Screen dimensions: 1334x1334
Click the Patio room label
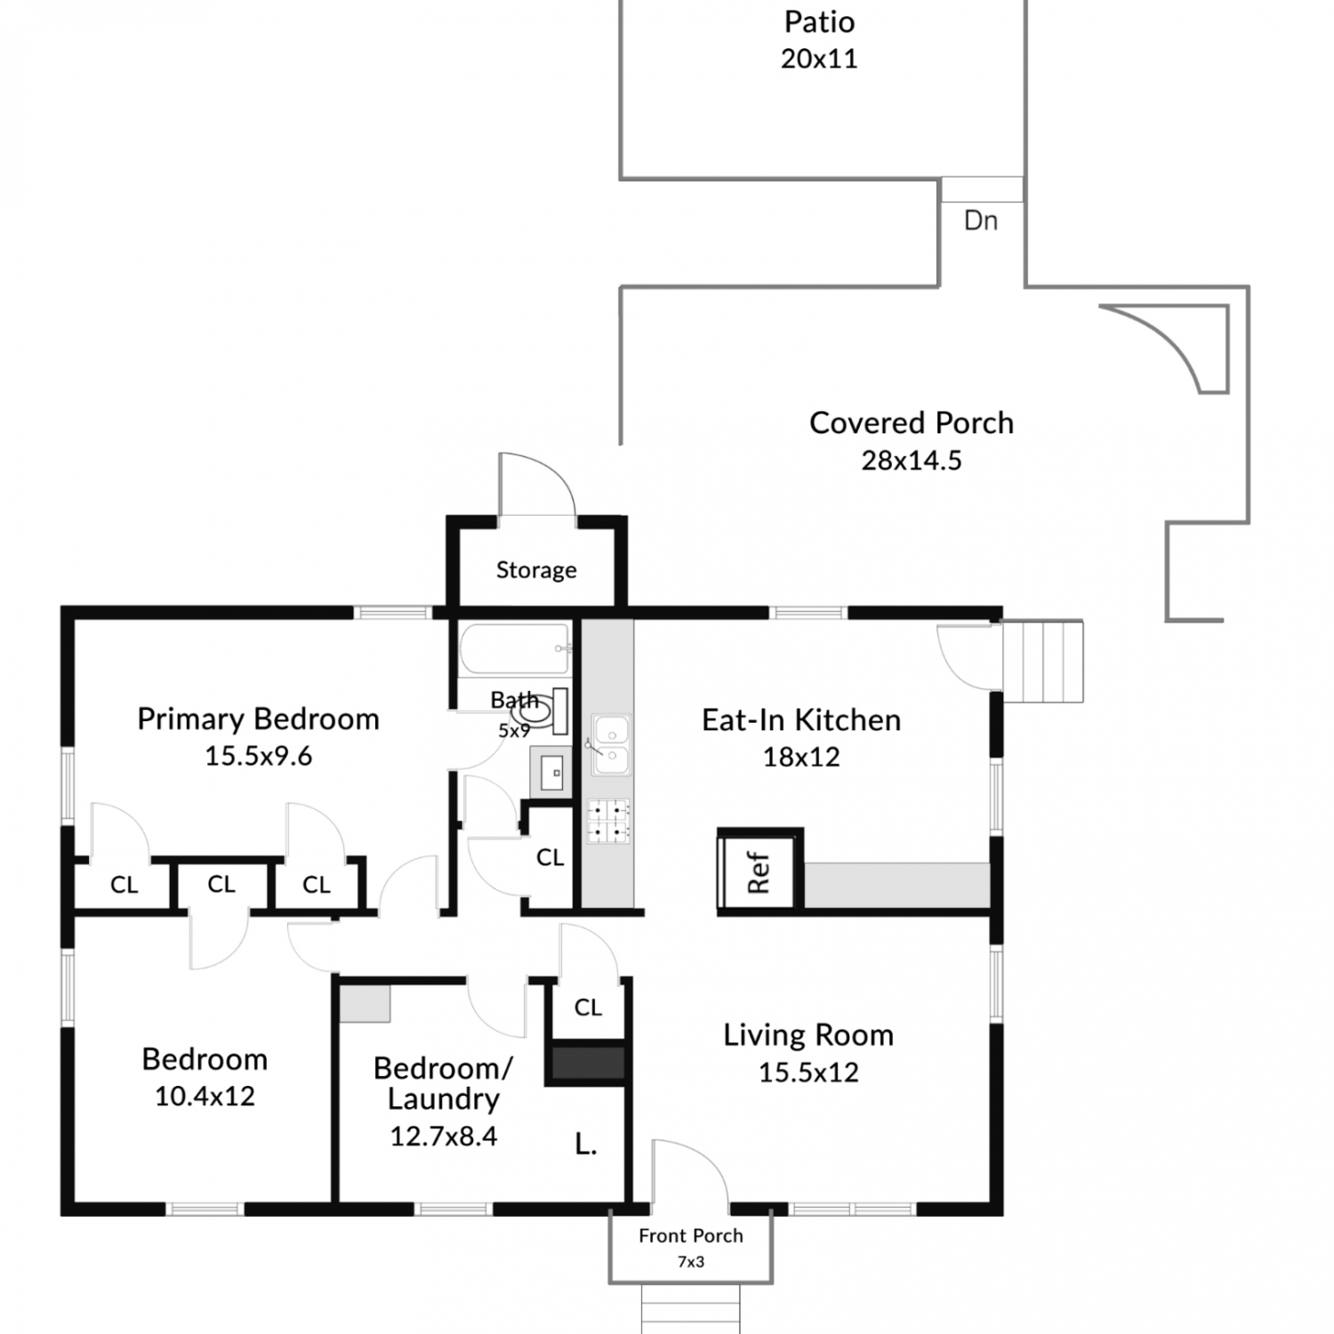pyautogui.click(x=819, y=21)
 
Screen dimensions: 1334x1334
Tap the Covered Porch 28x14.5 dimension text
pyautogui.click(x=912, y=461)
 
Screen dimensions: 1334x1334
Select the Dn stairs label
pyautogui.click(x=981, y=221)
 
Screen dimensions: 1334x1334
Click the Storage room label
pyautogui.click(x=536, y=570)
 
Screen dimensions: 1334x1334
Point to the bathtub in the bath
pyautogui.click(x=514, y=648)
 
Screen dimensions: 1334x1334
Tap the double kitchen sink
pyautogui.click(x=610, y=744)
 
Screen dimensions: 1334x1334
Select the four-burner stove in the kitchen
pyautogui.click(x=609, y=822)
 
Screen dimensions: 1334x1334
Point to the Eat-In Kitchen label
pyautogui.click(x=801, y=719)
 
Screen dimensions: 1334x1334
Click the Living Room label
pyautogui.click(x=808, y=1035)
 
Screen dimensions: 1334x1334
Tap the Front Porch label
pyautogui.click(x=691, y=1235)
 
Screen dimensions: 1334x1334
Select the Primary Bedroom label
pyautogui.click(x=258, y=719)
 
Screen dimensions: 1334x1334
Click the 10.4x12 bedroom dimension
pyautogui.click(x=205, y=1097)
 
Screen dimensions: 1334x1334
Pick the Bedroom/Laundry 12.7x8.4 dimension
pyautogui.click(x=444, y=1137)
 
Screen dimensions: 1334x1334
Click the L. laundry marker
pyautogui.click(x=585, y=1144)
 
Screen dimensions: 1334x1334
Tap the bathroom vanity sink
pyautogui.click(x=551, y=772)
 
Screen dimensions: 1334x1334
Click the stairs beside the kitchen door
pyautogui.click(x=1042, y=662)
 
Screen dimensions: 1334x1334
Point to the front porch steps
pyautogui.click(x=691, y=1307)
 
